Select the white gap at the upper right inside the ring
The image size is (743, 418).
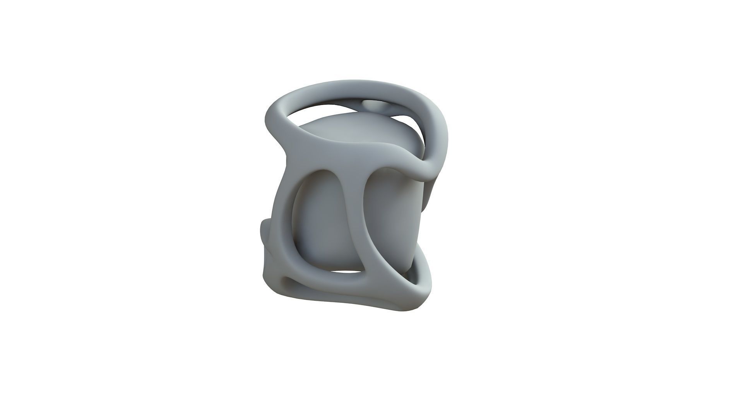pyautogui.click(x=410, y=116)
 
